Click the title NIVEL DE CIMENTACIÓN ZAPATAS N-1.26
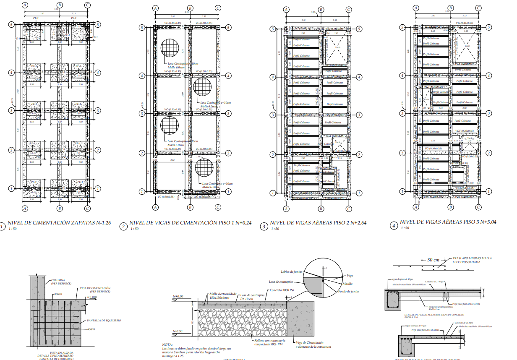click(59, 223)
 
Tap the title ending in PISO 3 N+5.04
click(448, 222)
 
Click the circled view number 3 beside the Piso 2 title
click(264, 227)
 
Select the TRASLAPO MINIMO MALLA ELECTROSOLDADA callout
click(472, 260)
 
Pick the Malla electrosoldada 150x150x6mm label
click(223, 296)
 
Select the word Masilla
click(348, 284)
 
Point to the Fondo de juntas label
click(348, 291)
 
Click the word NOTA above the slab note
click(167, 344)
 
